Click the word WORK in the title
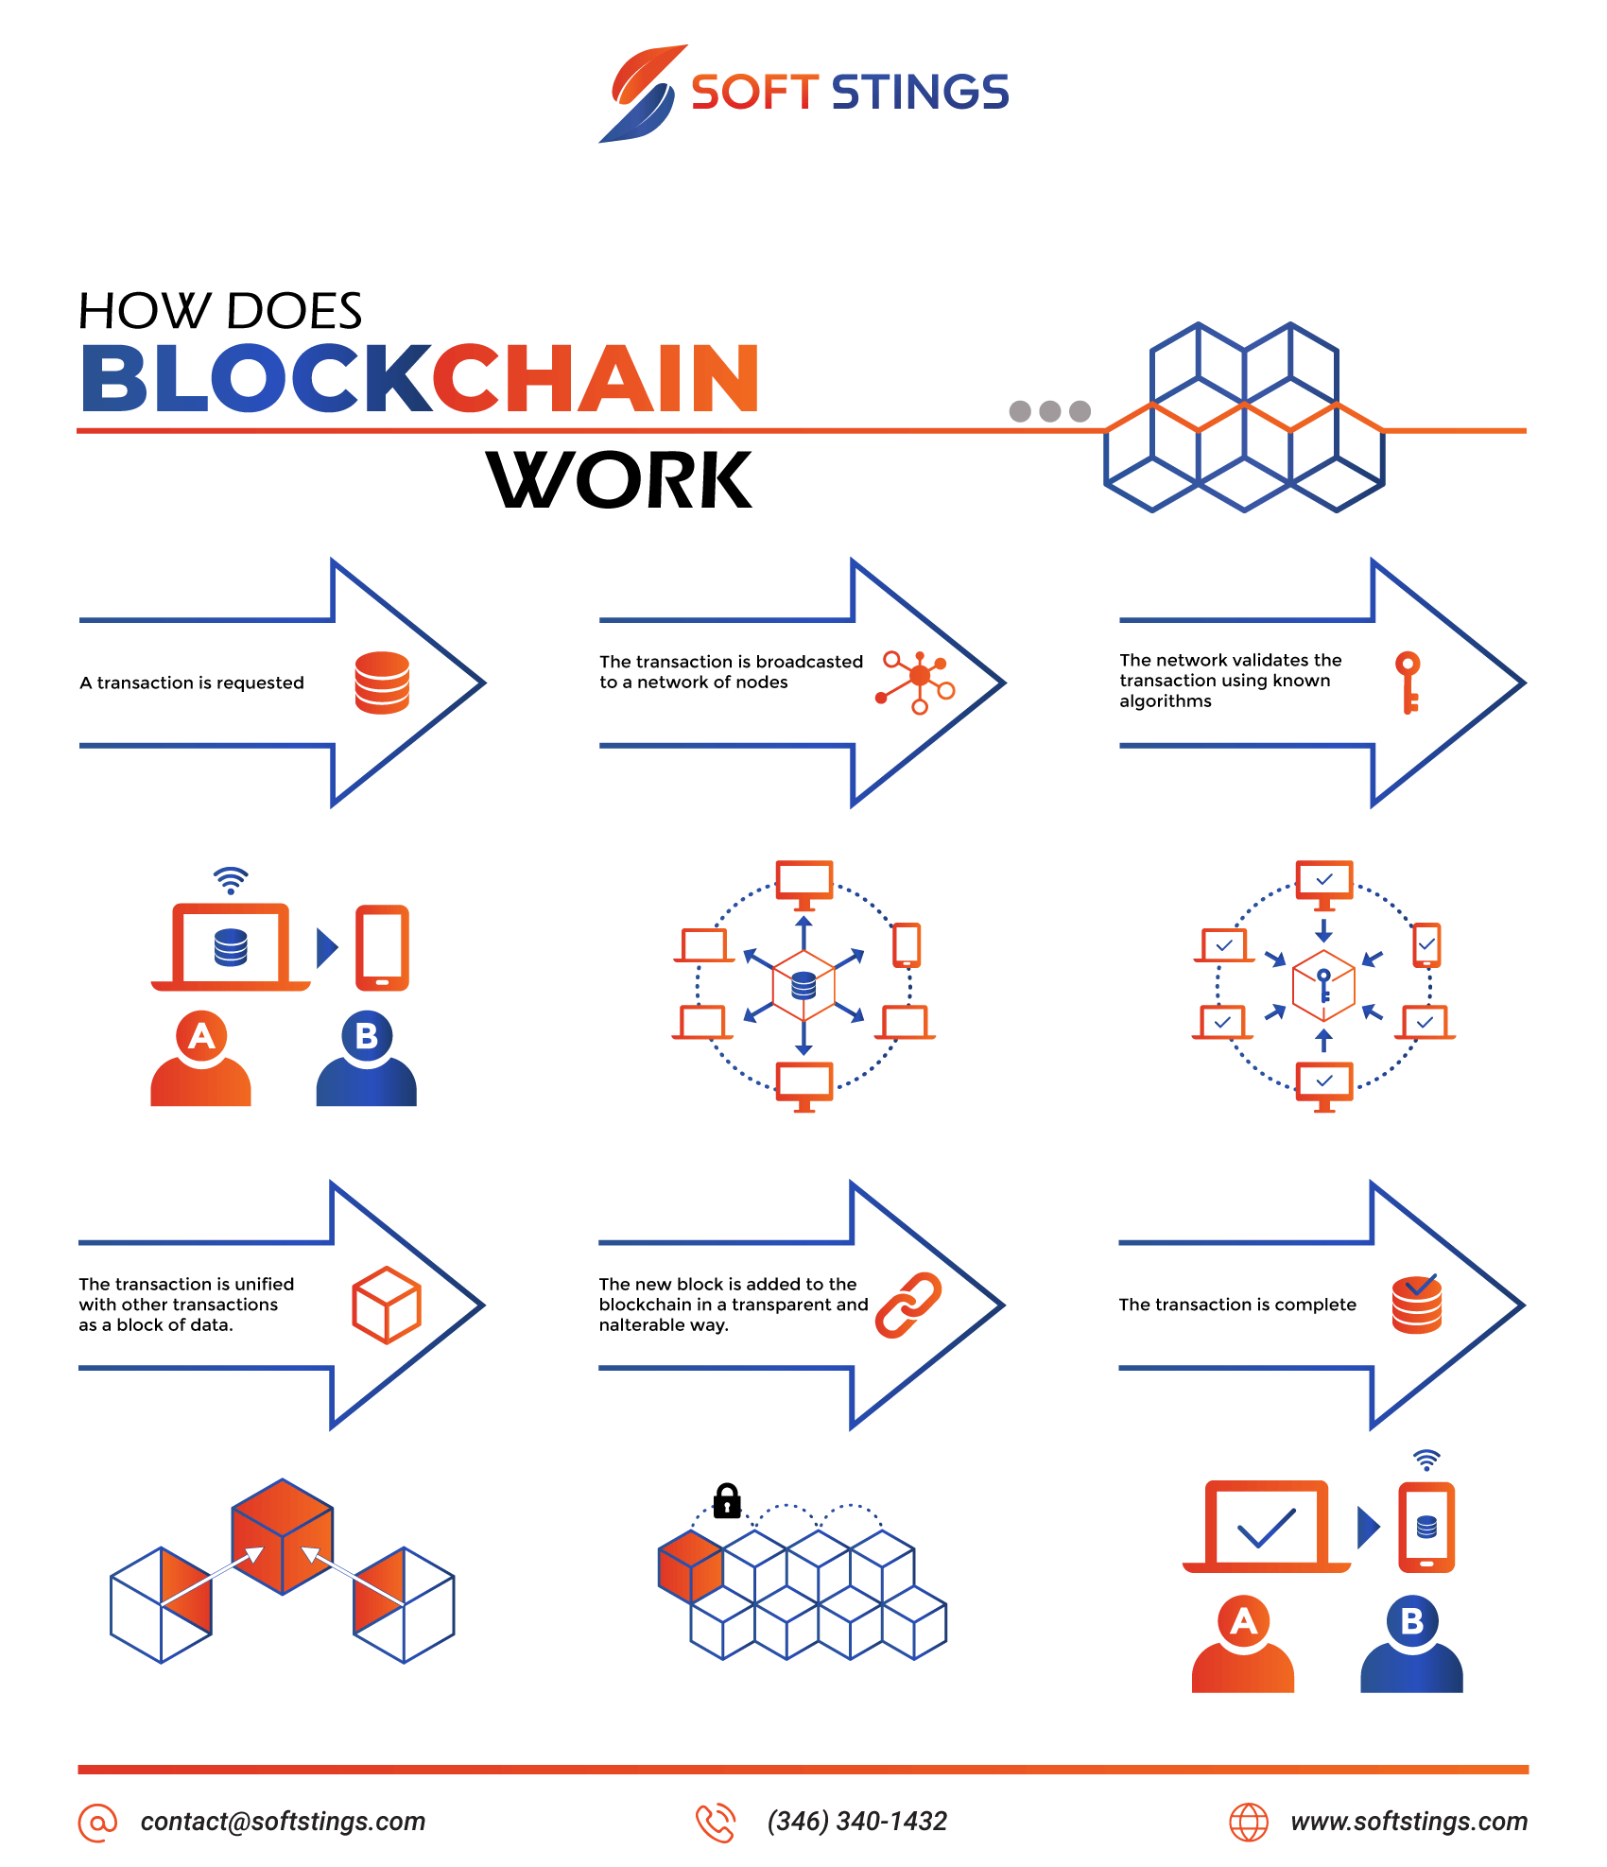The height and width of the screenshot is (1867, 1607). (619, 480)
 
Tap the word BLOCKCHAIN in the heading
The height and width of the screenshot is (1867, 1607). (420, 378)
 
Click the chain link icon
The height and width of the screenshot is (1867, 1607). (908, 1305)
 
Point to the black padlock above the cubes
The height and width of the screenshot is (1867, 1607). (726, 1500)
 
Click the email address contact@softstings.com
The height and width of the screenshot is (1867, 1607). (283, 1822)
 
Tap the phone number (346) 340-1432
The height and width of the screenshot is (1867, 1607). (856, 1822)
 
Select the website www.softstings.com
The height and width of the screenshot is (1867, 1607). (1408, 1822)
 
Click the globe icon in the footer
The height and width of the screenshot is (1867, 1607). (1248, 1822)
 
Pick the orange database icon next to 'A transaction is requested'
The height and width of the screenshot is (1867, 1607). (382, 683)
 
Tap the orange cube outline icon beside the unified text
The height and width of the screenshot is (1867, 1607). (387, 1305)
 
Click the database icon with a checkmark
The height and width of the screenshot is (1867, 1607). (1417, 1304)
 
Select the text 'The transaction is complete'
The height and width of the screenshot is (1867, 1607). (1237, 1305)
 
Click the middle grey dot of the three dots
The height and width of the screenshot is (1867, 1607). (1049, 411)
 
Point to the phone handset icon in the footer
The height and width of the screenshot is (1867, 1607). (716, 1823)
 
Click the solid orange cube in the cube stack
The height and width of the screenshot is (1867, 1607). (691, 1566)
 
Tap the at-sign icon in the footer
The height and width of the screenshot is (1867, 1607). (97, 1823)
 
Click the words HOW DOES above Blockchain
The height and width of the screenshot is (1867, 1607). (220, 311)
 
